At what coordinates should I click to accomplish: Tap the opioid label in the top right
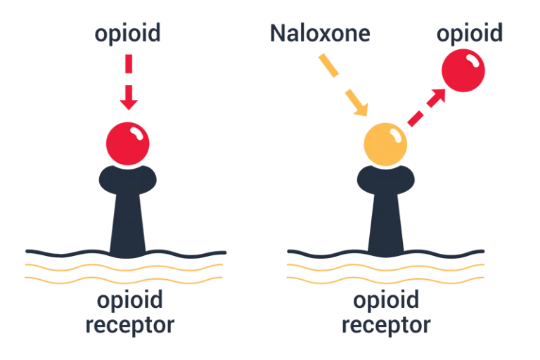[470, 33]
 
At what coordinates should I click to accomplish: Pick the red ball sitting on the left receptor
[128, 143]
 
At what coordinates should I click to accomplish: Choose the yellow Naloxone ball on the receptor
[385, 144]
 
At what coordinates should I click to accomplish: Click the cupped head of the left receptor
[128, 180]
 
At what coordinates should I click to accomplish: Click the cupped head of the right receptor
[385, 180]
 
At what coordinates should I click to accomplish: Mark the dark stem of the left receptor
[128, 225]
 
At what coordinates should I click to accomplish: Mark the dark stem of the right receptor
[385, 225]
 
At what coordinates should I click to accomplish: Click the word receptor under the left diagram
[129, 326]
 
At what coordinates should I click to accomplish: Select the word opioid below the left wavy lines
[129, 301]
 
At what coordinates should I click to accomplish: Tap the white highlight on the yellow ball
[394, 133]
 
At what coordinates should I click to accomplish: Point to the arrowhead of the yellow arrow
[361, 109]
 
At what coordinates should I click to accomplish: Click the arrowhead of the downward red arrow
[128, 103]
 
